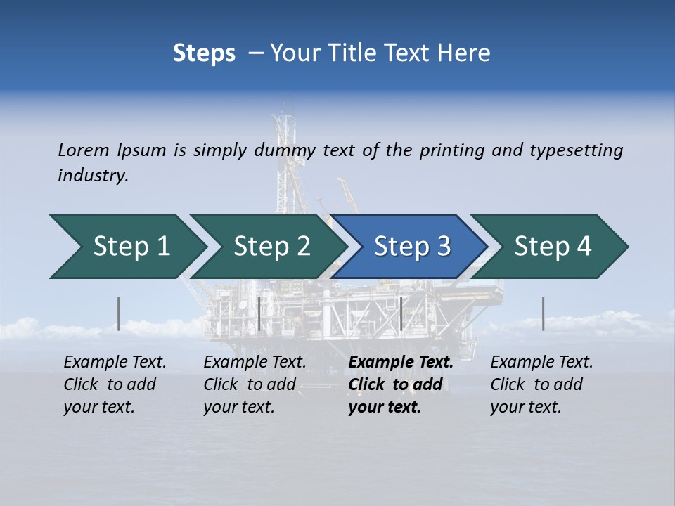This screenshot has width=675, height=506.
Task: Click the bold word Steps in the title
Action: [204, 53]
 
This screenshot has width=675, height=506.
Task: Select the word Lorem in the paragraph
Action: [84, 150]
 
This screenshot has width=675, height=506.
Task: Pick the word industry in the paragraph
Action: [93, 175]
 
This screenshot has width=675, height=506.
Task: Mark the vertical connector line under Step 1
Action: [118, 313]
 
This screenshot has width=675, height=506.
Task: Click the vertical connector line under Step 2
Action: [259, 313]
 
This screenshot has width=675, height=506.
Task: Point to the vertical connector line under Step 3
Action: [401, 313]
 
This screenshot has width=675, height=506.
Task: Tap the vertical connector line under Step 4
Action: [543, 313]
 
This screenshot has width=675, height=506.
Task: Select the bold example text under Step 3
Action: [400, 384]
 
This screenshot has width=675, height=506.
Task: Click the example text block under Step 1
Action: [115, 384]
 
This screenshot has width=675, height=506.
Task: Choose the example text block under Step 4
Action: [541, 384]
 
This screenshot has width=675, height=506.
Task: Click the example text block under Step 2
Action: [255, 384]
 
